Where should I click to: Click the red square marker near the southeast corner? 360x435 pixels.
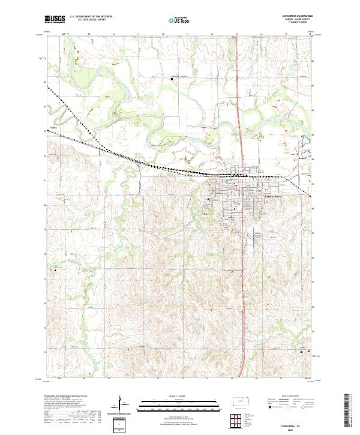[x=309, y=352]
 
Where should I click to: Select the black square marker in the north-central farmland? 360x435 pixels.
[x=171, y=78]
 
